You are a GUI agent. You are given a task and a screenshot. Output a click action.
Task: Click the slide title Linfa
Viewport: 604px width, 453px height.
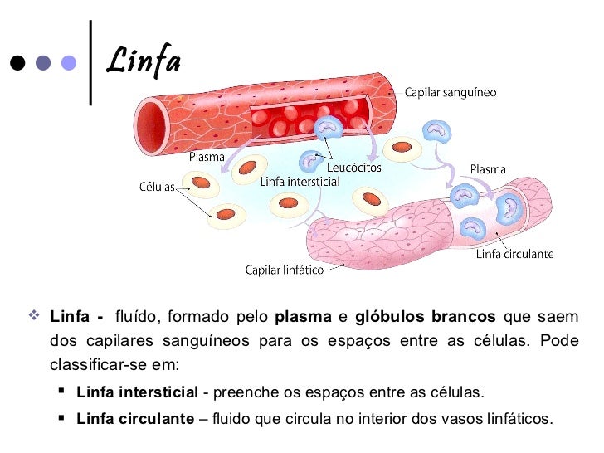click(x=145, y=61)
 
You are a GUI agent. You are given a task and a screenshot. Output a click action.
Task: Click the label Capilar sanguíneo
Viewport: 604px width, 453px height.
click(x=451, y=93)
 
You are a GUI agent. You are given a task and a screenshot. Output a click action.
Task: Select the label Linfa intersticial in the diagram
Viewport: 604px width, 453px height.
click(x=300, y=181)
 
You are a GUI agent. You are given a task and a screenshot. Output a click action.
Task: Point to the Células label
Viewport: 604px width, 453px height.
click(x=156, y=187)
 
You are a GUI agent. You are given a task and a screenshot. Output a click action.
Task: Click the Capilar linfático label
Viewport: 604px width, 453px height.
click(x=284, y=270)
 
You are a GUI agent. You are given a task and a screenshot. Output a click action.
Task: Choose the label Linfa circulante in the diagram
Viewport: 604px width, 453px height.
click(x=514, y=254)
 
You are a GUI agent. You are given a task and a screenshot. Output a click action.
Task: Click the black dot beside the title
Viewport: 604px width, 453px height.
click(x=16, y=63)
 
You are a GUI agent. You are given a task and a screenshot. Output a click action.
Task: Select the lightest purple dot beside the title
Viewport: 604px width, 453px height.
click(x=70, y=63)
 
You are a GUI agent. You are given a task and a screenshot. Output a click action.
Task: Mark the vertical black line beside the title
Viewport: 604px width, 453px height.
click(x=90, y=61)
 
